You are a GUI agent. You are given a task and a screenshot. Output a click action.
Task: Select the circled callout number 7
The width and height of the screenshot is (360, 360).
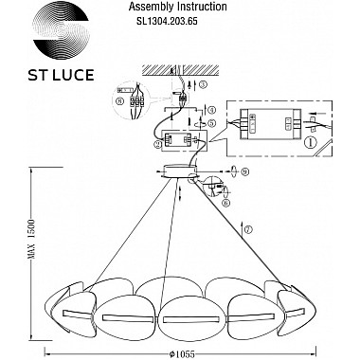[249, 229]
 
